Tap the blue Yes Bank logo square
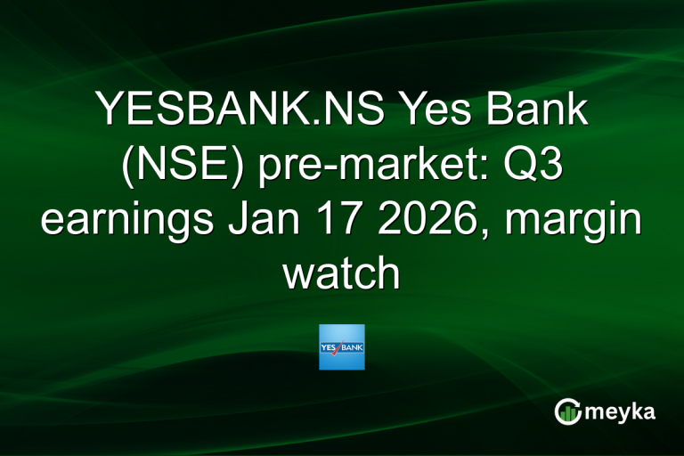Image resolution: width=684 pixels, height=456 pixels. (342, 346)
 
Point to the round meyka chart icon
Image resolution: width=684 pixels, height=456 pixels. (568, 411)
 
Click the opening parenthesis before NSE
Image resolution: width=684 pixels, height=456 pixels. (124, 167)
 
